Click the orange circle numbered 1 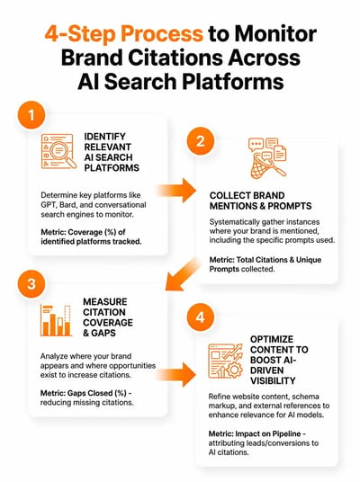click(31, 115)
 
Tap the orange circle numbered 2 click(201, 141)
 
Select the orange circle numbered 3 click(31, 284)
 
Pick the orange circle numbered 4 click(201, 317)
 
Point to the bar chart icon click(56, 320)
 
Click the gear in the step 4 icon click(235, 370)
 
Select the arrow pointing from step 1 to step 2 click(176, 191)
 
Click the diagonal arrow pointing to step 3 click(182, 275)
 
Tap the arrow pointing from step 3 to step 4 click(176, 374)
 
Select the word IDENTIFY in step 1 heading click(105, 136)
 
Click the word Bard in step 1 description click(67, 205)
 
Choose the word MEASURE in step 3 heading click(105, 301)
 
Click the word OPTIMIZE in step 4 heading click(272, 339)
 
